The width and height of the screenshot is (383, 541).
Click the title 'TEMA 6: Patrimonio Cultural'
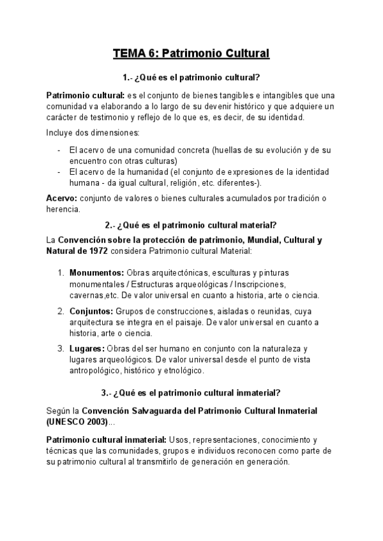(x=191, y=53)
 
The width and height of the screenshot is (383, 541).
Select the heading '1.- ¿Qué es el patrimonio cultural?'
(x=191, y=78)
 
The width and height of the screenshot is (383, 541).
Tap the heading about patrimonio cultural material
(x=191, y=225)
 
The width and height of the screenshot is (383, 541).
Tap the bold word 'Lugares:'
(x=87, y=348)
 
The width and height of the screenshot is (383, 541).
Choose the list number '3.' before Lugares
(x=61, y=348)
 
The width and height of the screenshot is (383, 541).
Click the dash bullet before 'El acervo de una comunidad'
(x=59, y=150)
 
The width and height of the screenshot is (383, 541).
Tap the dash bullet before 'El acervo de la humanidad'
(x=59, y=172)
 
